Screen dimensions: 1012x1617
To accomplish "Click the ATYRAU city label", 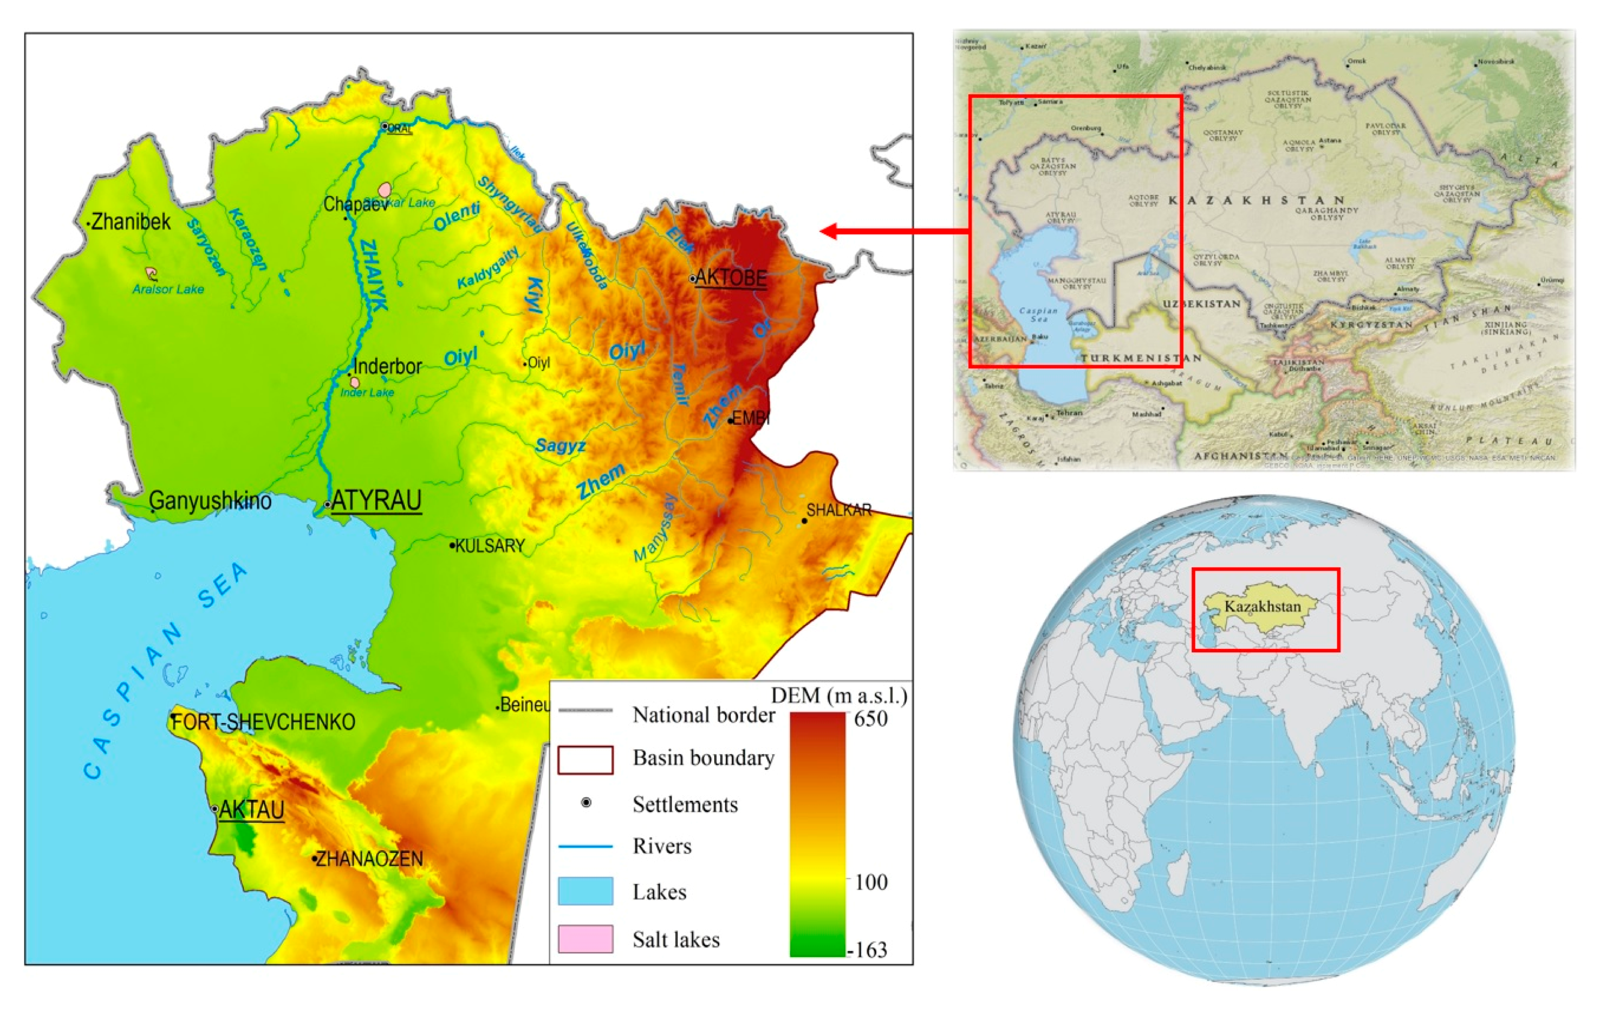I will (x=375, y=501).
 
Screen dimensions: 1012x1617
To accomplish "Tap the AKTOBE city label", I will (x=730, y=277).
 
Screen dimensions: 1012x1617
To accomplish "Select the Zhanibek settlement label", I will (x=131, y=222).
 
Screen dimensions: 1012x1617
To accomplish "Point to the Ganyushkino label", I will (x=210, y=501).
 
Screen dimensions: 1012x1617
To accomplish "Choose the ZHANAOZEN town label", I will (x=368, y=859).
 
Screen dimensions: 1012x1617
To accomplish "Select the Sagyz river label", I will (x=560, y=446).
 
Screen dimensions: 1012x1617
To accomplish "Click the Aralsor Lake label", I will (x=168, y=289).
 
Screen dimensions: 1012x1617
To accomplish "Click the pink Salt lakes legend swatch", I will (x=585, y=938).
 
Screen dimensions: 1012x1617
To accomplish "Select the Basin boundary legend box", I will (x=585, y=759).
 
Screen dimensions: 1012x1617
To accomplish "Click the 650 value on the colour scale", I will (x=870, y=719).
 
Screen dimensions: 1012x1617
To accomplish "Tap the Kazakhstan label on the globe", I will (x=1262, y=606).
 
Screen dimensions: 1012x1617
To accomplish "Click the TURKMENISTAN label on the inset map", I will (x=1140, y=358).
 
